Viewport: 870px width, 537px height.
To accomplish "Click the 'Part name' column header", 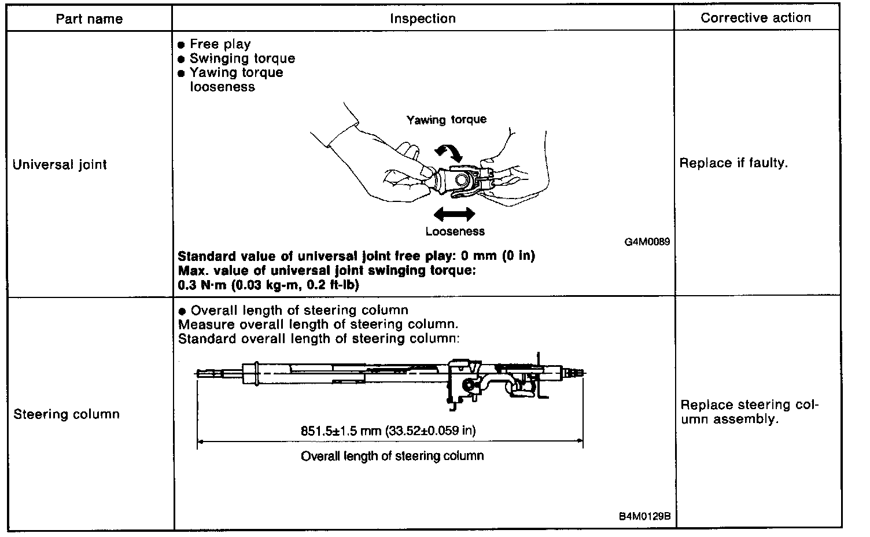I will click(x=89, y=19).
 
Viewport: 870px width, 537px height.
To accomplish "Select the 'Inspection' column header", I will click(x=423, y=19).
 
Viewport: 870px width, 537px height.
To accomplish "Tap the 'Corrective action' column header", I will click(x=755, y=18).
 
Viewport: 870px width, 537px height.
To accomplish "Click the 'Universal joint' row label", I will click(x=60, y=164).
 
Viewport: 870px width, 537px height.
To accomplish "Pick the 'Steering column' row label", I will click(x=67, y=414).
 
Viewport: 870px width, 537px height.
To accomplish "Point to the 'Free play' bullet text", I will click(x=220, y=44).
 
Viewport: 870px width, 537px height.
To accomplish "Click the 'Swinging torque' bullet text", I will click(x=242, y=58).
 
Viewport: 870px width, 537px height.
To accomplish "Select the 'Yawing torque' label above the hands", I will click(x=446, y=120).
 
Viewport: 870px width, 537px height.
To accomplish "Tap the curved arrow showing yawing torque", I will click(x=449, y=152).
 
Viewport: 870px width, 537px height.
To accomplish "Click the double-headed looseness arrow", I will click(x=454, y=215).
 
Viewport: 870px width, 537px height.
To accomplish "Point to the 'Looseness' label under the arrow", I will click(x=455, y=231).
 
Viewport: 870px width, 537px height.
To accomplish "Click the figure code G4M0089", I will click(x=647, y=242).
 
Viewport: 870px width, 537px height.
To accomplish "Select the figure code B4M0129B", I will click(x=644, y=517).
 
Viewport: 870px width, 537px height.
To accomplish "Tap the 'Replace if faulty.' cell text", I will click(x=733, y=163).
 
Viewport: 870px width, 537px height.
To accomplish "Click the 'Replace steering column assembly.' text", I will click(x=750, y=412).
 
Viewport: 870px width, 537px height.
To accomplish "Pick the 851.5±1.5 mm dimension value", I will click(x=388, y=431).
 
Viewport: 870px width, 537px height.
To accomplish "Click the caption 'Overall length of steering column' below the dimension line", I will click(x=392, y=456).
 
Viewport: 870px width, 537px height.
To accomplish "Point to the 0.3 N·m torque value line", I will click(x=268, y=285).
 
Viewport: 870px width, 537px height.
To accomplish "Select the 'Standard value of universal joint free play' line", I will click(x=356, y=256).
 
